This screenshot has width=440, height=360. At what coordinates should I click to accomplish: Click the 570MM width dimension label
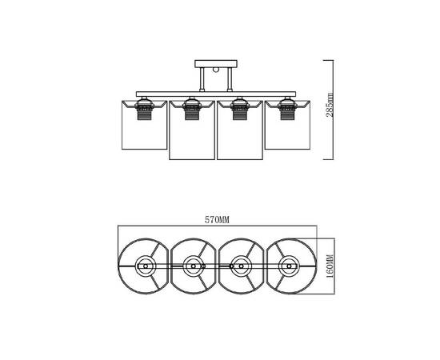(217, 220)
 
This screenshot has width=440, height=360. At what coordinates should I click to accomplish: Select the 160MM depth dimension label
(330, 266)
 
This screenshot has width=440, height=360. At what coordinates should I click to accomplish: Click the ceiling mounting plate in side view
(216, 64)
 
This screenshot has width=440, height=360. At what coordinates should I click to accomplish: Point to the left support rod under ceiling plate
(202, 79)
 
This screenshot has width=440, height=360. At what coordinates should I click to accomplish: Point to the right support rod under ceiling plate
(230, 79)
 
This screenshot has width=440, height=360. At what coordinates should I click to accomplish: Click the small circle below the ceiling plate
(216, 70)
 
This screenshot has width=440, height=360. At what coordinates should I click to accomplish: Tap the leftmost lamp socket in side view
(145, 108)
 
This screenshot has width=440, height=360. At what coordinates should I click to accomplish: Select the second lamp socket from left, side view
(192, 108)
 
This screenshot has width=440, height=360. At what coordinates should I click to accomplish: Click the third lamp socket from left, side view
(239, 108)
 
